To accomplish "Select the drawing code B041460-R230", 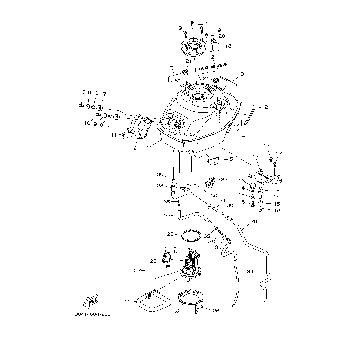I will point(92,314).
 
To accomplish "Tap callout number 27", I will point(124,300).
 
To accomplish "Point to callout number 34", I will point(250,272).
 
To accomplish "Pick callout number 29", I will point(254,221).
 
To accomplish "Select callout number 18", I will point(228,46).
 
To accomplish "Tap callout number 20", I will point(222,36).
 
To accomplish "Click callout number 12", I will point(256,156).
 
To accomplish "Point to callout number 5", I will point(231,159).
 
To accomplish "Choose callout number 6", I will point(135,150).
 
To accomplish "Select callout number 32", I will point(224,180).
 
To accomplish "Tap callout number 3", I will point(242,74).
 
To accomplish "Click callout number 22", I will point(138,270).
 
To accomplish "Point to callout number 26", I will point(216,311).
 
